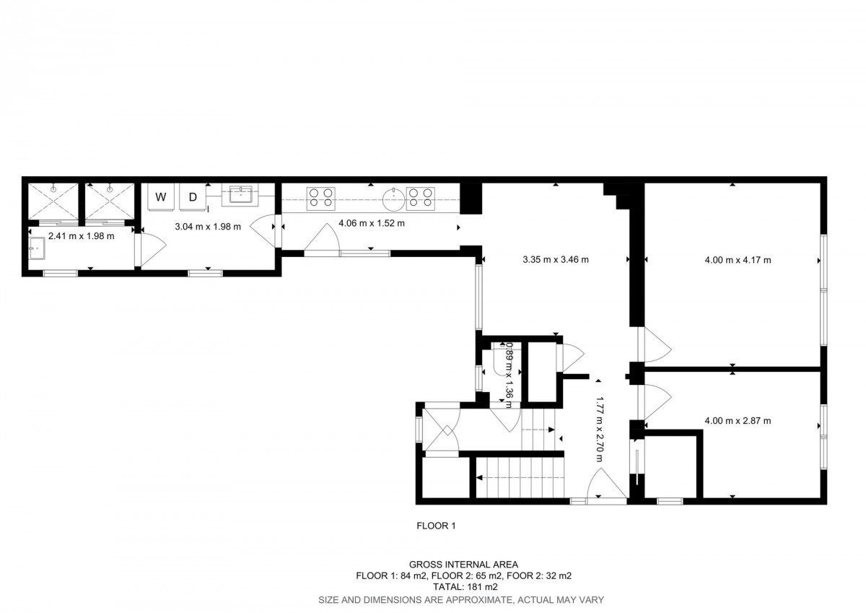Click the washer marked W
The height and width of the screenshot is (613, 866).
pyautogui.click(x=161, y=197)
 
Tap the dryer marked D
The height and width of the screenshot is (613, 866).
pyautogui.click(x=193, y=197)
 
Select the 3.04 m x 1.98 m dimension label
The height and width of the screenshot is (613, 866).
pyautogui.click(x=208, y=227)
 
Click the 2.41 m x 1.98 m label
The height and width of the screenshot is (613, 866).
pyautogui.click(x=81, y=236)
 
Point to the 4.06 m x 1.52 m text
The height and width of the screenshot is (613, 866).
pyautogui.click(x=372, y=223)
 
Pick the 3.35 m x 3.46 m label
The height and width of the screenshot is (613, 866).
pyautogui.click(x=556, y=259)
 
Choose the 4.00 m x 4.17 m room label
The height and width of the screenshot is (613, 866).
pyautogui.click(x=738, y=260)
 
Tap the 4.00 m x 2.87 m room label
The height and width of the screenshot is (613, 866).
pyautogui.click(x=738, y=420)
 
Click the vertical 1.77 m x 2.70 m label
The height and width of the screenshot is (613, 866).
pyautogui.click(x=599, y=429)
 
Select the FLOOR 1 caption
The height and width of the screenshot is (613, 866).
pyautogui.click(x=436, y=526)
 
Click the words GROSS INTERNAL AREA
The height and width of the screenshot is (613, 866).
pyautogui.click(x=463, y=565)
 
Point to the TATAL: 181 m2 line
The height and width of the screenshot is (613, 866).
pyautogui.click(x=465, y=587)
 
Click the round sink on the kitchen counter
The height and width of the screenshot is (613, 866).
pyautogui.click(x=394, y=199)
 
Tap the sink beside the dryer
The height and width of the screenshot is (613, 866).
pyautogui.click(x=241, y=195)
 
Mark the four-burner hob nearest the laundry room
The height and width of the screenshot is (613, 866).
pyautogui.click(x=321, y=199)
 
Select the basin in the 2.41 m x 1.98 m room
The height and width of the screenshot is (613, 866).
pyautogui.click(x=37, y=248)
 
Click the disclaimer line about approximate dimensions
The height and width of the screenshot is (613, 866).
pyautogui.click(x=461, y=600)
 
